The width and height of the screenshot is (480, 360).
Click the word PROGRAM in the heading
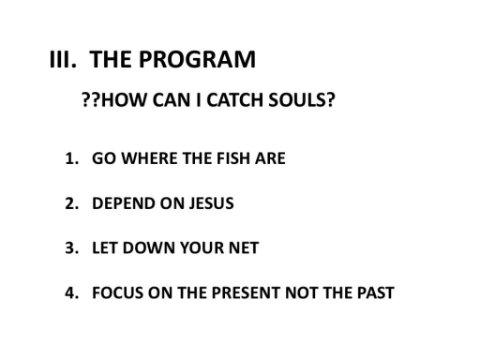[197, 59]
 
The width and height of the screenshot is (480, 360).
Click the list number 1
[72, 158]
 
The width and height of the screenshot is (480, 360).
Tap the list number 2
[72, 203]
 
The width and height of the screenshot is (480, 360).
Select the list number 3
[72, 248]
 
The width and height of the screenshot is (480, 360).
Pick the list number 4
[72, 293]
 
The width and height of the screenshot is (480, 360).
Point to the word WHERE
[150, 158]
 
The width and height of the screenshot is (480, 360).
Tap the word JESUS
[211, 203]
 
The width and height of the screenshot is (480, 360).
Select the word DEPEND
[124, 203]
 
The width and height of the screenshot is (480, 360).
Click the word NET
[244, 248]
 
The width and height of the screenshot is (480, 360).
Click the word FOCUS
[118, 293]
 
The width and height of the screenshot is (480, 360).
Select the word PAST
[376, 293]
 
